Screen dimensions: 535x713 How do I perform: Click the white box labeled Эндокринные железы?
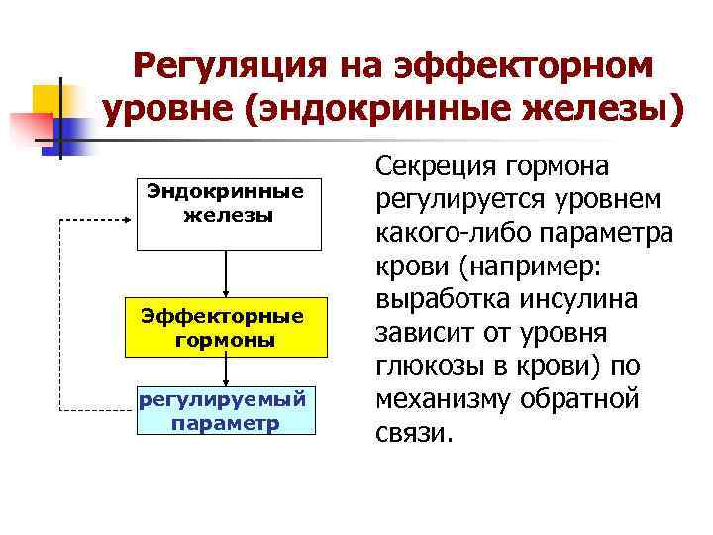click(228, 212)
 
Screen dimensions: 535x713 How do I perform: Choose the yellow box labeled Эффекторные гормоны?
click(228, 327)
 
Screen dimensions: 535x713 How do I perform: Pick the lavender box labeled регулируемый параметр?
click(228, 410)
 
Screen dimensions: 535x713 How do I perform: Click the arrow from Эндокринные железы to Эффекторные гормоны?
click(228, 272)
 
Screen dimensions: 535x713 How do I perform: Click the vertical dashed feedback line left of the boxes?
click(60, 313)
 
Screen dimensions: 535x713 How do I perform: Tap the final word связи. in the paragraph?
click(414, 433)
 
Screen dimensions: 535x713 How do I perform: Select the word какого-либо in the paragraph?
click(440, 233)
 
